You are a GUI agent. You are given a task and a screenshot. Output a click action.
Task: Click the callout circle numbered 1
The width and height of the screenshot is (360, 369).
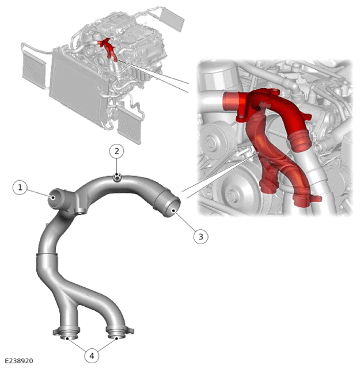(20, 188)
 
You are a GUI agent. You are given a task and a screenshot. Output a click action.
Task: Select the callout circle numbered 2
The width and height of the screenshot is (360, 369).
(117, 151)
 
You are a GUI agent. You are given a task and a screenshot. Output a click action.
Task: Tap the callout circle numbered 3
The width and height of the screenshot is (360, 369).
(201, 237)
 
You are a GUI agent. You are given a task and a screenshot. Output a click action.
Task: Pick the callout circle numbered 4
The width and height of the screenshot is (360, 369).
(92, 356)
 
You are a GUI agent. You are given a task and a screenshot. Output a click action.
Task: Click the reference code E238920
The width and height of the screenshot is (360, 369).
(19, 361)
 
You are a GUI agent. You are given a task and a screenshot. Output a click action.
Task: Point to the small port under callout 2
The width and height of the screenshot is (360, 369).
(117, 177)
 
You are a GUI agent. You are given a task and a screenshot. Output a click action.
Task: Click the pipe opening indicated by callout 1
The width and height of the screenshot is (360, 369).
(55, 199)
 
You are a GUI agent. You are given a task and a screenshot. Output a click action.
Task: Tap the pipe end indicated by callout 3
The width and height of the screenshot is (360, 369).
(172, 207)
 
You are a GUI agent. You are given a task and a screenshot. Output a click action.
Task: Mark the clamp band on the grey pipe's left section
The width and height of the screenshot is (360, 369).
(47, 254)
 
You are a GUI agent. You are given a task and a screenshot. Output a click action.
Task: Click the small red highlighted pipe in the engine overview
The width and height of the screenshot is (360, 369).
(108, 50)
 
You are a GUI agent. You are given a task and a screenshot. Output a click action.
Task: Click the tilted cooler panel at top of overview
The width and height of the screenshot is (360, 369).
(172, 20)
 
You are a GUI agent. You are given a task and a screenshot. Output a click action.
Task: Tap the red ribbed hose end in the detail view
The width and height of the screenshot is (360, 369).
(301, 140)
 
